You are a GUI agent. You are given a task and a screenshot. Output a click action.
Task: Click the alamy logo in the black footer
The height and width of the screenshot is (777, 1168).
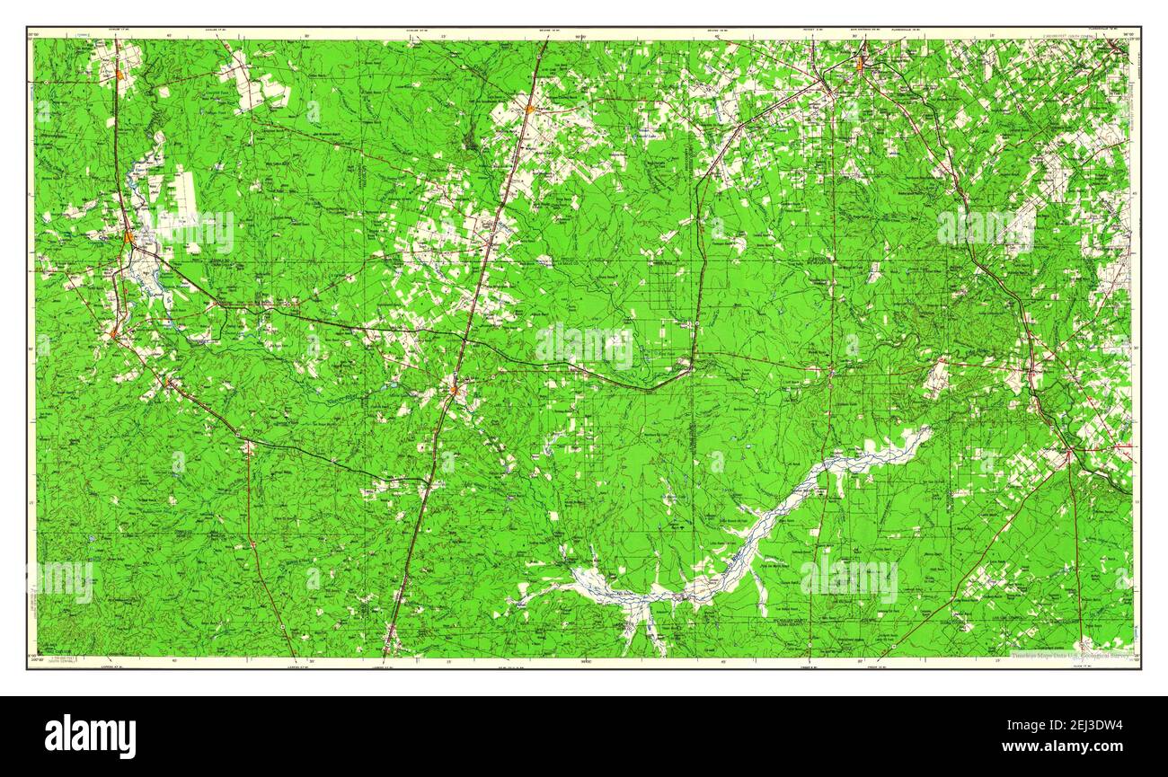click(90, 736)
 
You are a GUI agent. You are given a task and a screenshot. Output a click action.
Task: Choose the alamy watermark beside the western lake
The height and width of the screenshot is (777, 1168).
click(195, 232)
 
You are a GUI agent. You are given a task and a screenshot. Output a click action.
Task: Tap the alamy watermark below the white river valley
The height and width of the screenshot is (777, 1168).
click(848, 579)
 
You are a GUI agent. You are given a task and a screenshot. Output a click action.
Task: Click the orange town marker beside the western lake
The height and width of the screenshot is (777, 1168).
click(130, 238)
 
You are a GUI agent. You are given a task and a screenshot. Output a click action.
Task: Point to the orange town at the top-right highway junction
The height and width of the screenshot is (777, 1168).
click(860, 65)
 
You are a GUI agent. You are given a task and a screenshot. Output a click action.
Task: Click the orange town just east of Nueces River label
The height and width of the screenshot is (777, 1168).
click(455, 389)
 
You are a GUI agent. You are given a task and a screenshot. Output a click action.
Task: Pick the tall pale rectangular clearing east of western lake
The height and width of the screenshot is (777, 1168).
click(186, 198)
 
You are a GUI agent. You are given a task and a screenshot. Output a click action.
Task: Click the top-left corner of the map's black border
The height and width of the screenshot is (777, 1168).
click(28, 28)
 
